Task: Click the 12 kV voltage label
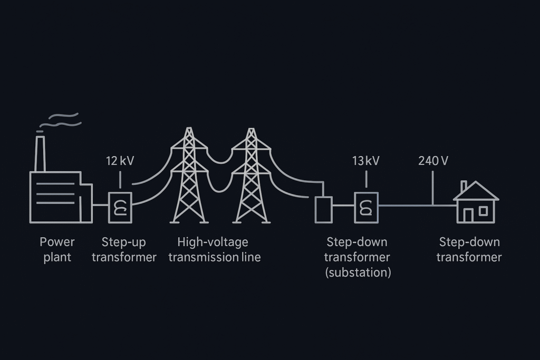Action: tap(120, 160)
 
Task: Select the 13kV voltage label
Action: tap(365, 160)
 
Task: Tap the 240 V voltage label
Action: tap(433, 160)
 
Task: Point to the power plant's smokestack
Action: tap(40, 153)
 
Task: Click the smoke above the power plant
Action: tap(61, 120)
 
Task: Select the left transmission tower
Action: tap(188, 177)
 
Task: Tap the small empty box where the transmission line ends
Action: tap(323, 210)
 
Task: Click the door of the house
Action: tap(468, 216)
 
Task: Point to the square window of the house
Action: tap(484, 210)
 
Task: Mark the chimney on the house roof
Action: tap(464, 187)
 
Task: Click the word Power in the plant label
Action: tap(57, 242)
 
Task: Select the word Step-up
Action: tap(123, 242)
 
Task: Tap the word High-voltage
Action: tap(213, 242)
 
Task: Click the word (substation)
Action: tap(358, 273)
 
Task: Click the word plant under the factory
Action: tap(57, 258)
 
